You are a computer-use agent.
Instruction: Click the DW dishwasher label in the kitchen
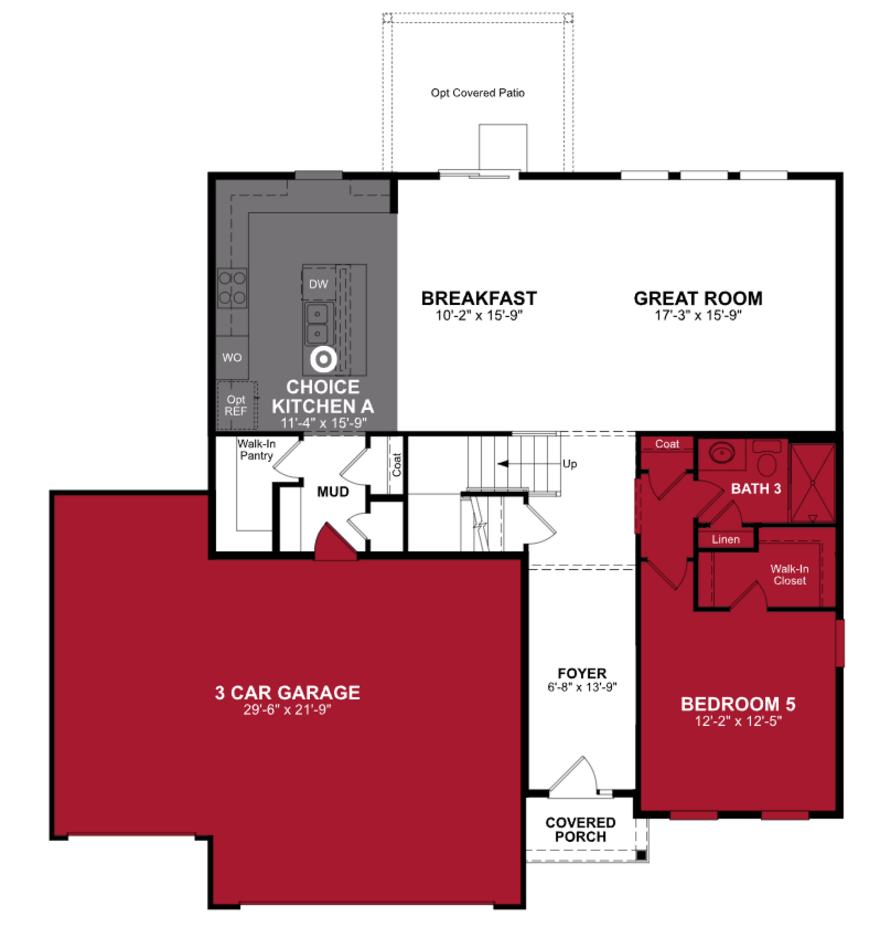[x=318, y=284]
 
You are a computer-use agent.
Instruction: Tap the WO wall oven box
[x=232, y=358]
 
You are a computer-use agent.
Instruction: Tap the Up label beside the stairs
[x=569, y=464]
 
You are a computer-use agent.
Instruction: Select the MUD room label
[x=333, y=492]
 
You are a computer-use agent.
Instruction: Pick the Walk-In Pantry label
[x=256, y=450]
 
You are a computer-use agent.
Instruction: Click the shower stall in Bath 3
[x=813, y=483]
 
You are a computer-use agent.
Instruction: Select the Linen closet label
[x=726, y=539]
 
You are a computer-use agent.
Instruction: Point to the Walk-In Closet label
[x=789, y=575]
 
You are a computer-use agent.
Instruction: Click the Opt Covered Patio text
[x=478, y=93]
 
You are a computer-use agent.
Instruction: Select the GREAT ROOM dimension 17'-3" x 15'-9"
[x=698, y=315]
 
